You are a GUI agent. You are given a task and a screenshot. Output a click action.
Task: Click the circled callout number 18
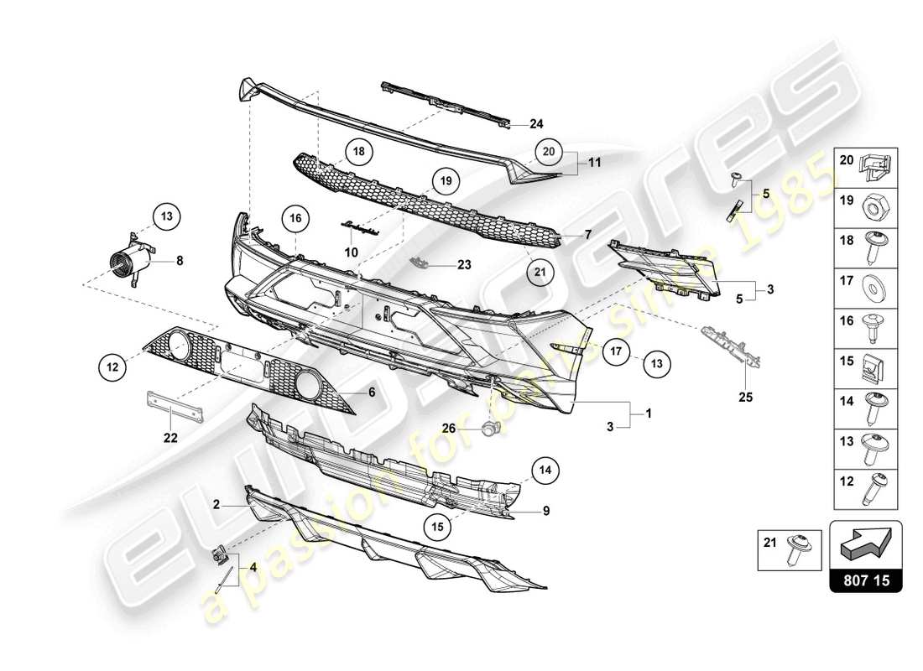click(358, 152)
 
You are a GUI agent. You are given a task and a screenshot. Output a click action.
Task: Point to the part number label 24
click(536, 124)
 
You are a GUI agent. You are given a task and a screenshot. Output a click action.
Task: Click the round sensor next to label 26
click(488, 428)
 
